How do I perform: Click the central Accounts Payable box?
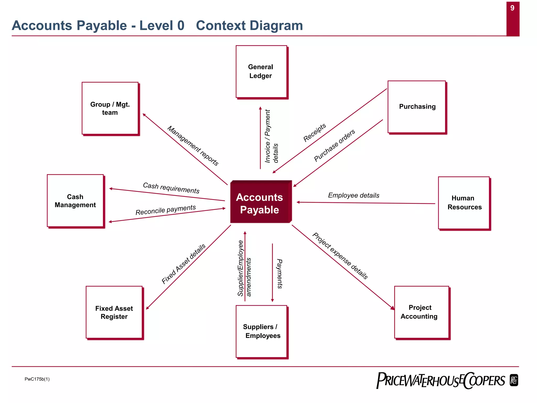click(x=260, y=202)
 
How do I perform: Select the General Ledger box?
click(x=261, y=72)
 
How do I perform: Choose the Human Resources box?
click(x=464, y=203)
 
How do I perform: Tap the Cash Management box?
click(x=75, y=201)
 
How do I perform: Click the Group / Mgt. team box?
click(x=110, y=108)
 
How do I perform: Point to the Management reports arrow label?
click(x=193, y=146)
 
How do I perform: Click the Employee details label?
click(x=353, y=195)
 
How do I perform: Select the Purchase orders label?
click(x=334, y=145)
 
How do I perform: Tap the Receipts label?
click(x=314, y=133)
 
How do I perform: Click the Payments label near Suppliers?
click(x=280, y=274)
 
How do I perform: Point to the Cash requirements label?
click(x=171, y=188)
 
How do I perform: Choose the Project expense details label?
click(x=340, y=256)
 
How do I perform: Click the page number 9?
click(x=512, y=8)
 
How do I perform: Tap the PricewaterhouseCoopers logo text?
click(x=441, y=381)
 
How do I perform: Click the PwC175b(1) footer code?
click(x=37, y=379)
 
